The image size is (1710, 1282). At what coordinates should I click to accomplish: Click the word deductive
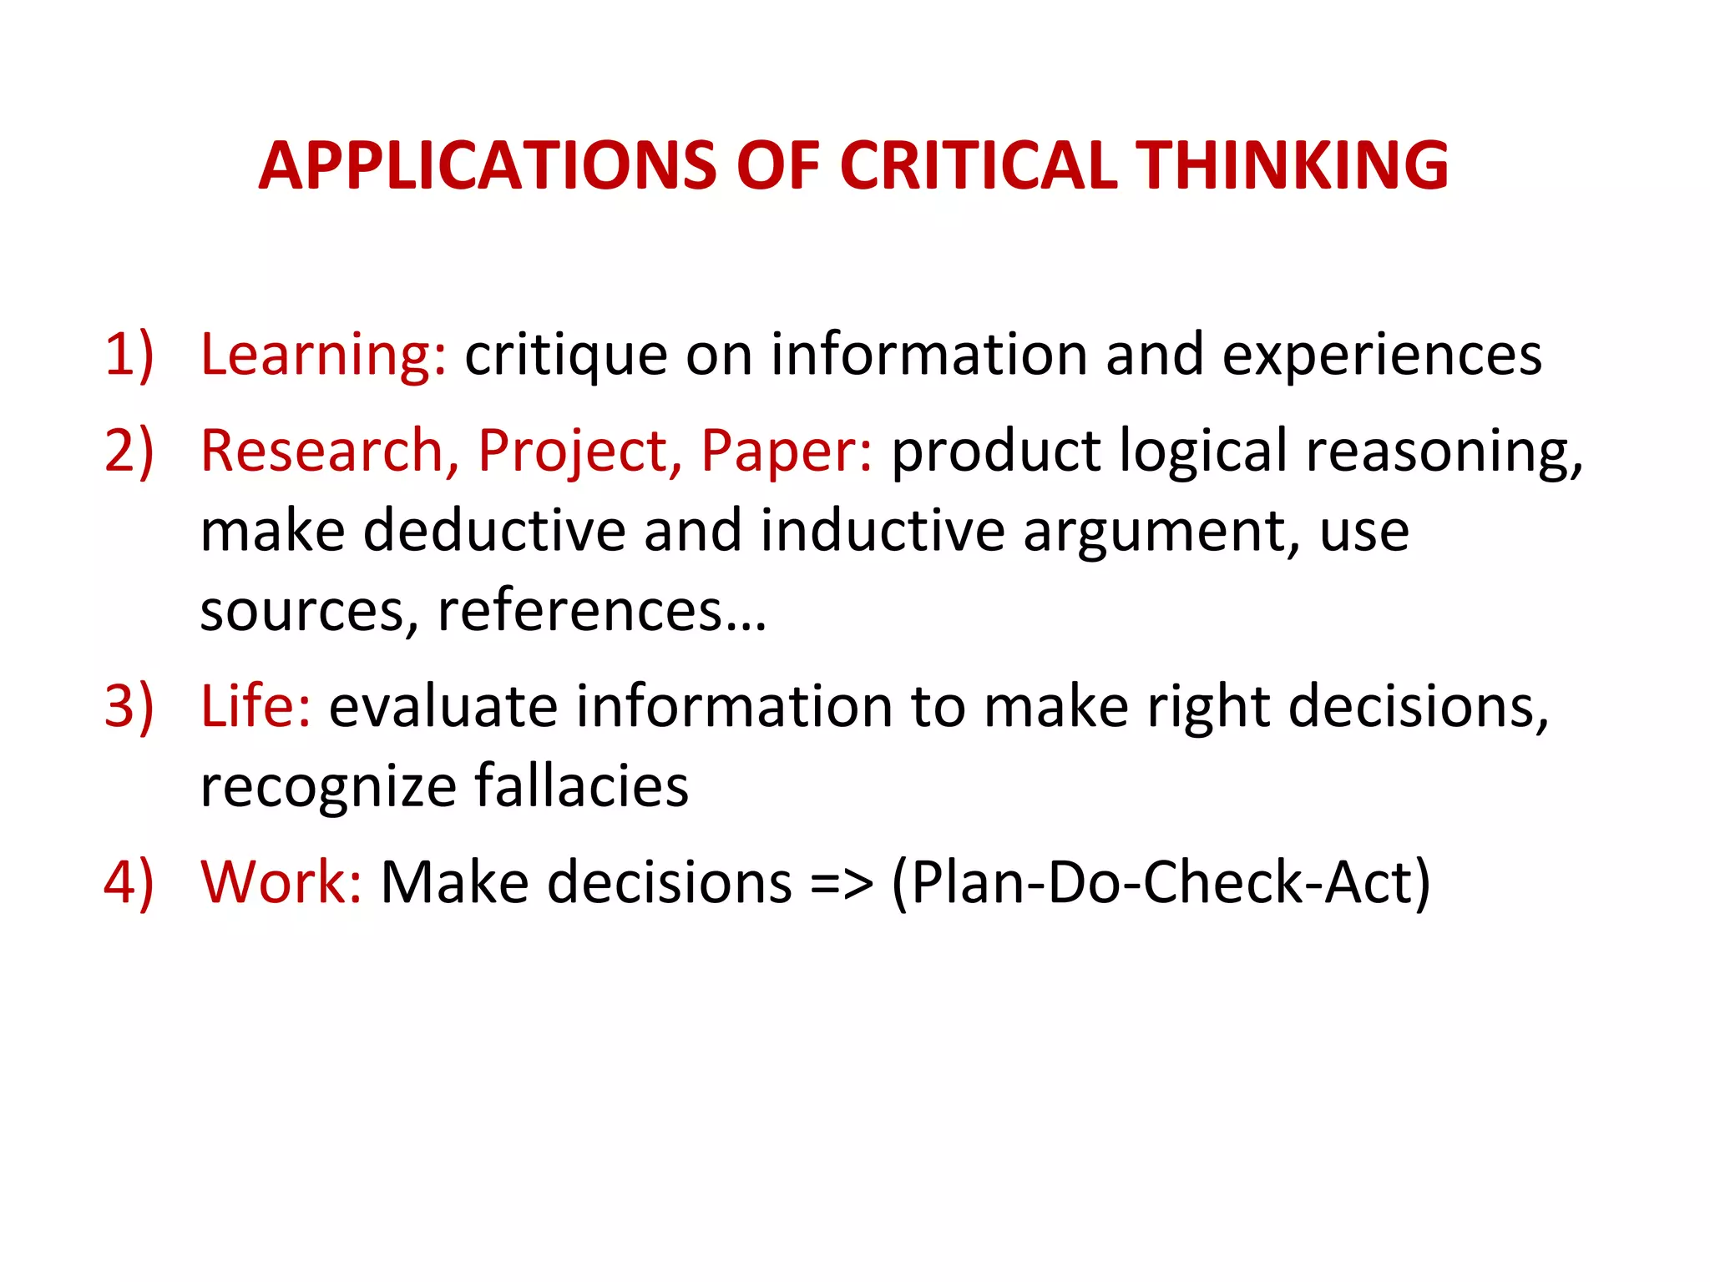(x=494, y=531)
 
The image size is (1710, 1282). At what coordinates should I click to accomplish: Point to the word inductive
(x=883, y=531)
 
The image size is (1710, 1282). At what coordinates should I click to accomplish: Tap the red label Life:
(x=255, y=706)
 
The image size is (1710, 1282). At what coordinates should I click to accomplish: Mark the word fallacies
(x=582, y=786)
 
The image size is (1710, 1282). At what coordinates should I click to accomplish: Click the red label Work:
(x=281, y=882)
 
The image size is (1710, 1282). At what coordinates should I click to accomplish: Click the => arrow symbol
(x=842, y=884)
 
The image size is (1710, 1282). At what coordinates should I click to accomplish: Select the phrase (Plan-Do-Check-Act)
(x=1161, y=884)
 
